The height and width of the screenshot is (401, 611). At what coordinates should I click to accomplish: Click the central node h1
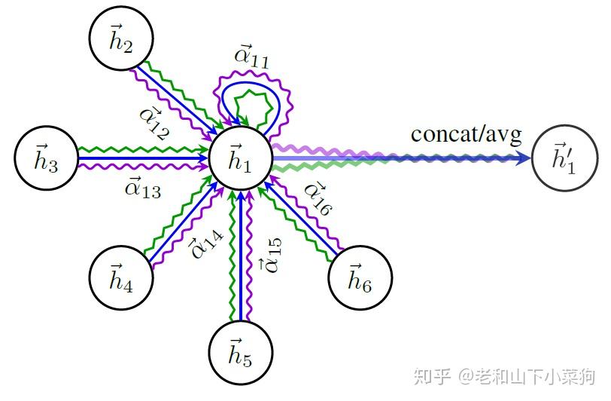coord(240,159)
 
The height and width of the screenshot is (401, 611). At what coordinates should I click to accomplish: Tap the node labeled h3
coord(47,159)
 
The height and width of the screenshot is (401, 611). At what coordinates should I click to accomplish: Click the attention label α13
coord(141,188)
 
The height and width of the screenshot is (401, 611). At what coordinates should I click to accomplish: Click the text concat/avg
coord(466,135)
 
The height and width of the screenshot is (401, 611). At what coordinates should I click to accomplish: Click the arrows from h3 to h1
coord(143,159)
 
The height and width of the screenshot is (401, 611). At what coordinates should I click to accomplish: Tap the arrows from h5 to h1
coord(240,256)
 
